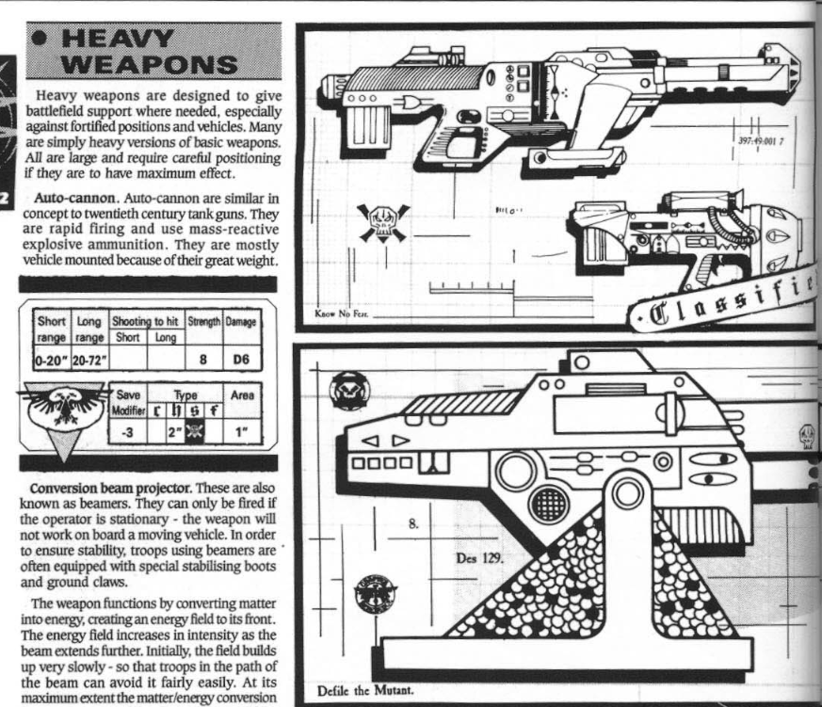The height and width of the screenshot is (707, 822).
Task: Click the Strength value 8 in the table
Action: click(x=202, y=358)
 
